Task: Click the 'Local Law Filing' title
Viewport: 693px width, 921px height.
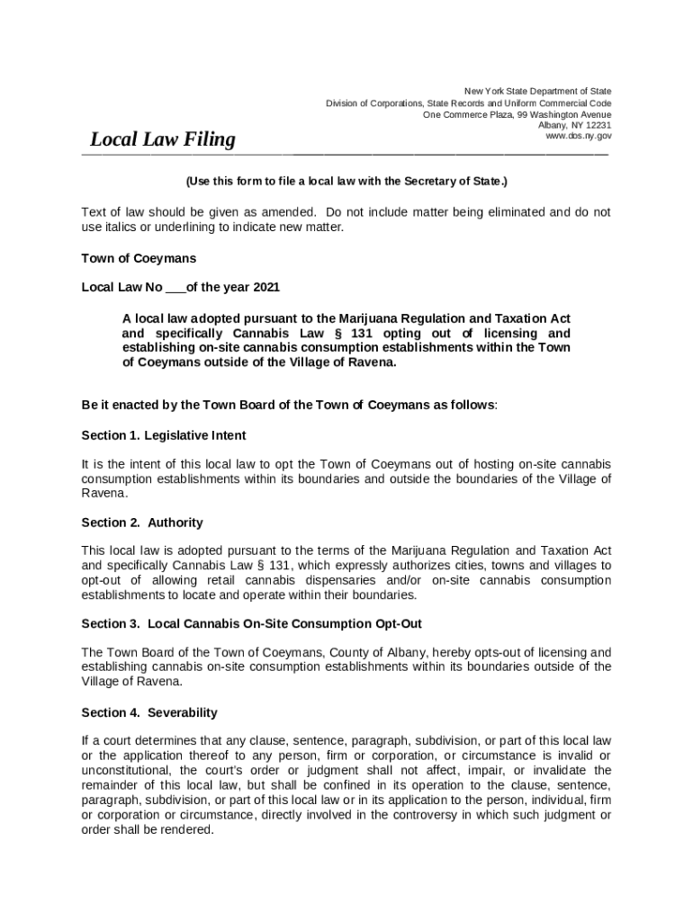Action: click(x=162, y=139)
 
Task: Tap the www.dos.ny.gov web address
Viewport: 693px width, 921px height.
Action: click(x=578, y=137)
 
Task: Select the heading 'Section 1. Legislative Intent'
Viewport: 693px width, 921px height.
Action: click(x=163, y=435)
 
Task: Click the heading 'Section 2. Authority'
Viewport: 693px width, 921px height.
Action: click(x=141, y=523)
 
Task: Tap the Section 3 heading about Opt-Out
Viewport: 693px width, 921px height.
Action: click(x=251, y=623)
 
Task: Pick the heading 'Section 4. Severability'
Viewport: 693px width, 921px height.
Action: click(x=148, y=712)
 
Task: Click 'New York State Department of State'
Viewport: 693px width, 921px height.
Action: click(x=537, y=91)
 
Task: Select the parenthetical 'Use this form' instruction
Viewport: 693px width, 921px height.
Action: click(x=346, y=182)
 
